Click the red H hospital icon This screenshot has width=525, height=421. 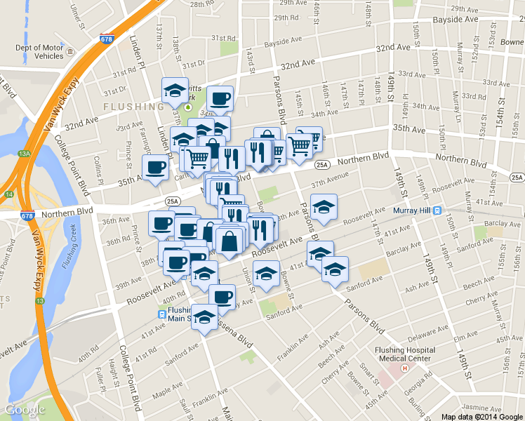(x=404, y=368)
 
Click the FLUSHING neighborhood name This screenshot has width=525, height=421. (x=133, y=107)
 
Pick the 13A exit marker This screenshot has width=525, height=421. (x=25, y=153)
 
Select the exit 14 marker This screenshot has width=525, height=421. (x=8, y=194)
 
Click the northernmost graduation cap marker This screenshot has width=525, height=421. (x=175, y=89)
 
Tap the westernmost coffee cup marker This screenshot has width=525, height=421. (x=155, y=168)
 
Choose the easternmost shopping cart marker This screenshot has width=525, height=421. (x=300, y=145)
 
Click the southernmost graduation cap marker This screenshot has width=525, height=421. (x=205, y=316)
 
